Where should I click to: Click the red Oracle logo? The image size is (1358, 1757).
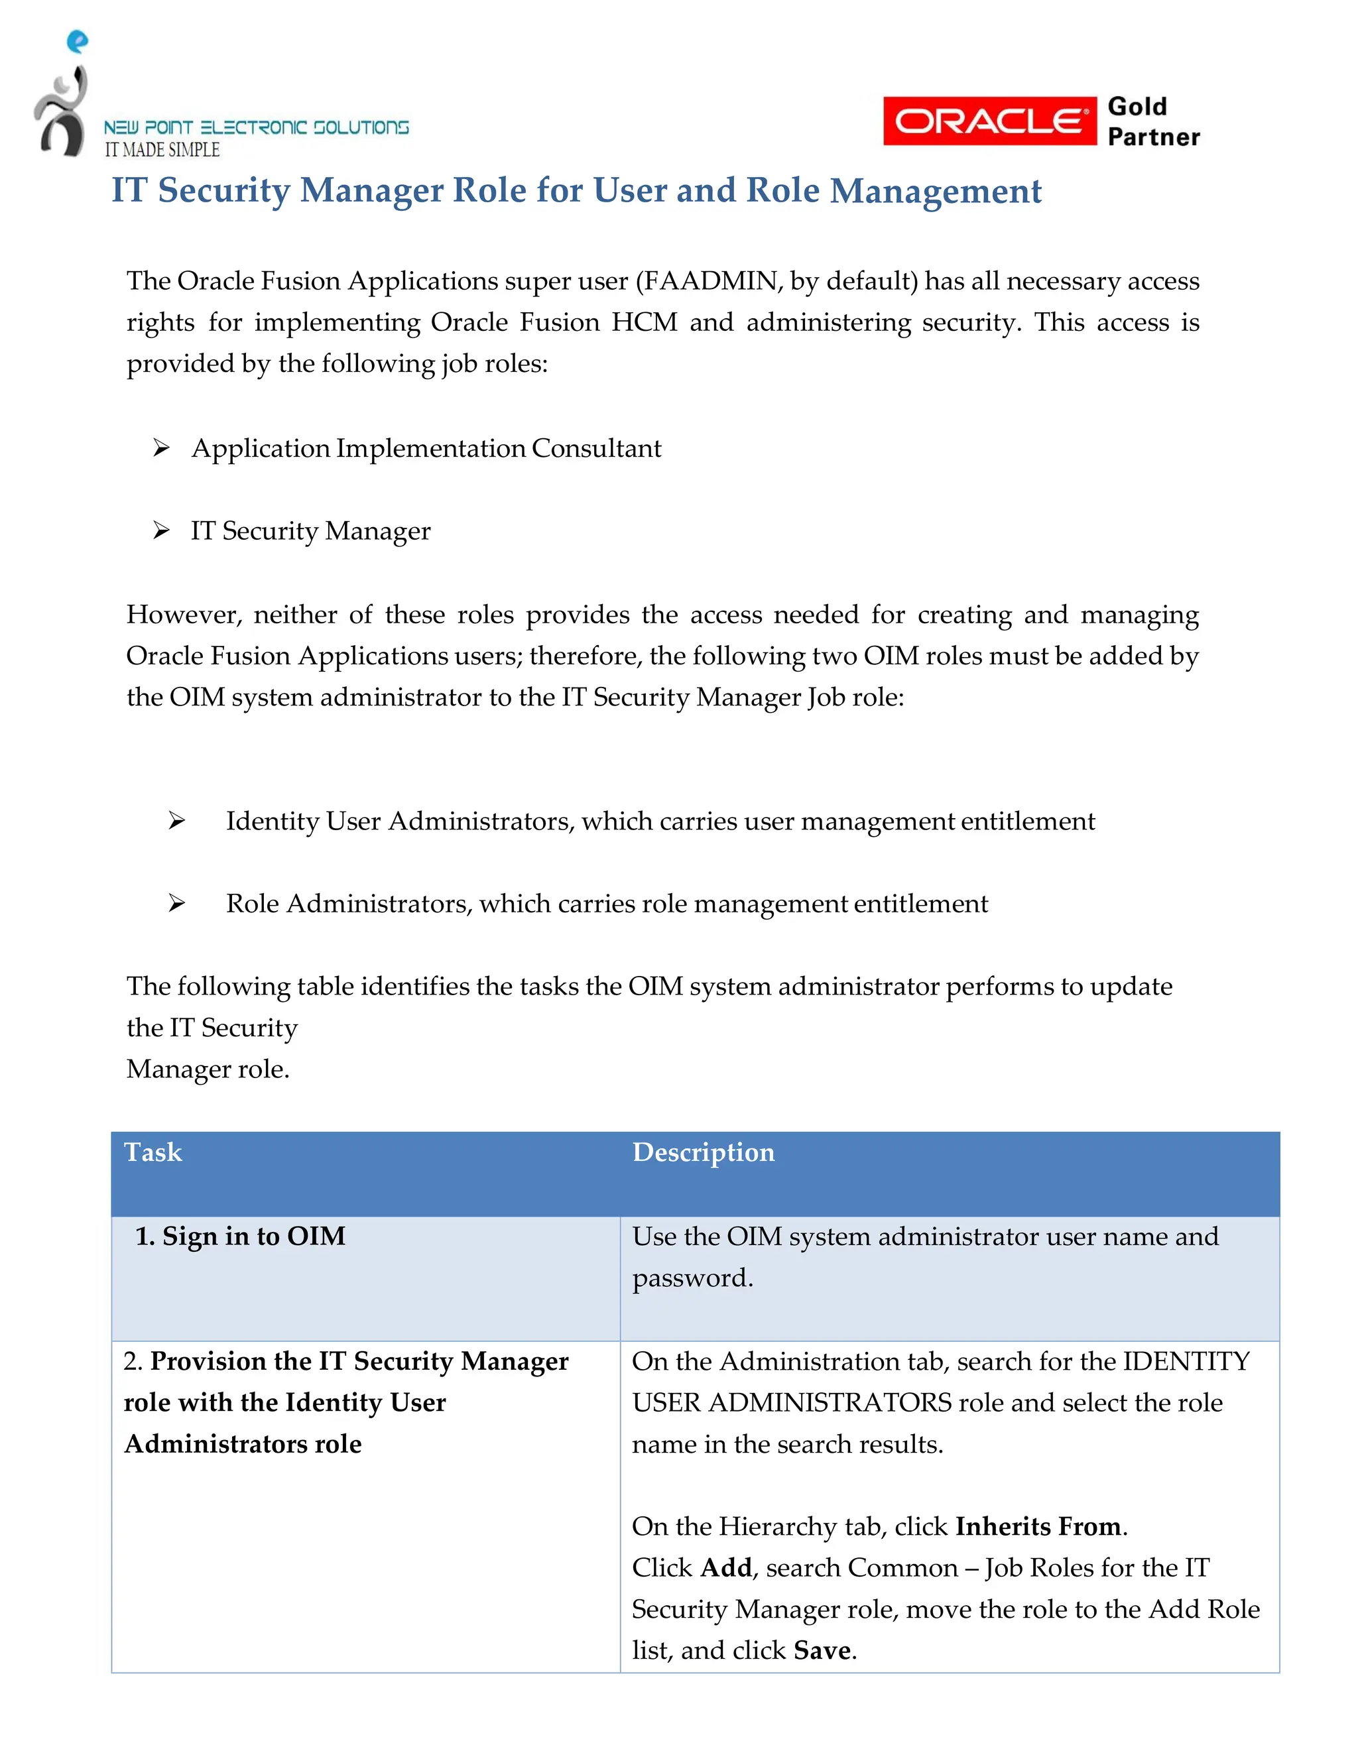989,121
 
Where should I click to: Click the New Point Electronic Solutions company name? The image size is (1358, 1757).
256,127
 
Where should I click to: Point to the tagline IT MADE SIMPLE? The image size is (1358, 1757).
162,150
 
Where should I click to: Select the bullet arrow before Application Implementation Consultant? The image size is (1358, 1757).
161,448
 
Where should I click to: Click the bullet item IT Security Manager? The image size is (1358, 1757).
310,531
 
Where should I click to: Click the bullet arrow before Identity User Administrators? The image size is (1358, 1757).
177,821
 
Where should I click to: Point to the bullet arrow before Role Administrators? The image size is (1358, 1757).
177,904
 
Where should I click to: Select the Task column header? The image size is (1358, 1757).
153,1152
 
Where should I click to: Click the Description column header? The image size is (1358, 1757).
703,1152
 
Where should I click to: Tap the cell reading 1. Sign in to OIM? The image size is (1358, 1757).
240,1236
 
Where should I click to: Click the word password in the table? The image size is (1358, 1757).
691,1278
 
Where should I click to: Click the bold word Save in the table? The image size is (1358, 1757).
822,1650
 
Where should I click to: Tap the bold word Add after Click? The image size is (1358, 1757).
725,1567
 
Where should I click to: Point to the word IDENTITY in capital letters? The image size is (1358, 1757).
1186,1361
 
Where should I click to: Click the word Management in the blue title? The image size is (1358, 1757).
936,191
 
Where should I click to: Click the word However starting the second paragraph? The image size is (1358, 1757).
184,615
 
